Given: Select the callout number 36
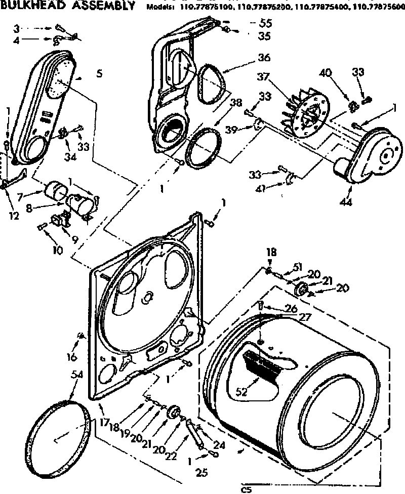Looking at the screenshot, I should pyautogui.click(x=264, y=57).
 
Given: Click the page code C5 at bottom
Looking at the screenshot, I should pyautogui.click(x=247, y=489).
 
